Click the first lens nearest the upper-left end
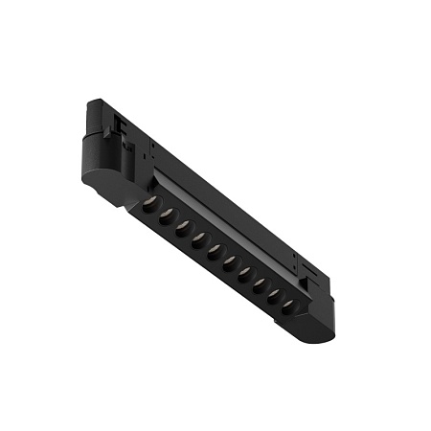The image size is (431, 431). [150, 204]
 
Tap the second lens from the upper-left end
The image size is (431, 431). [165, 215]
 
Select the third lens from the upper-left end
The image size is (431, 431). [180, 225]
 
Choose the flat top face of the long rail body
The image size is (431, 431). [220, 192]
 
